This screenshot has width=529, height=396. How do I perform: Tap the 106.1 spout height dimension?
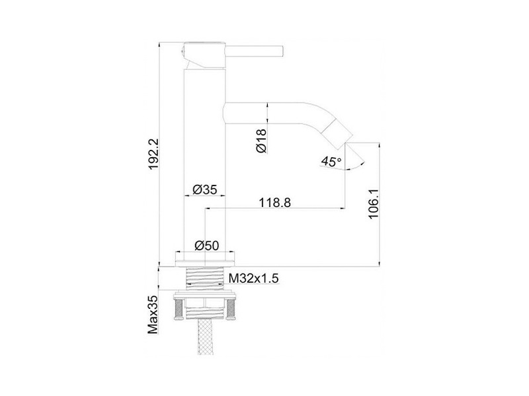(x=374, y=204)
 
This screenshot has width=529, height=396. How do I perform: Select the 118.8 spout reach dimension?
(x=274, y=203)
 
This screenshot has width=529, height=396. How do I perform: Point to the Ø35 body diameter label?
(x=205, y=189)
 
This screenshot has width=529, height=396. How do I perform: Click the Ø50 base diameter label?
(x=207, y=246)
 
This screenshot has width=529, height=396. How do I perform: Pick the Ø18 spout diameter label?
(x=261, y=141)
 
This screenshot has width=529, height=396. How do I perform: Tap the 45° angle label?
(x=331, y=161)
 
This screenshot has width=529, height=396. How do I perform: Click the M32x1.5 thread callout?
(x=254, y=279)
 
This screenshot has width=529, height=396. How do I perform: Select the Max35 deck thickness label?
(x=153, y=315)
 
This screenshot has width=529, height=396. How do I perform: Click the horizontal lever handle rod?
(x=254, y=51)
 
